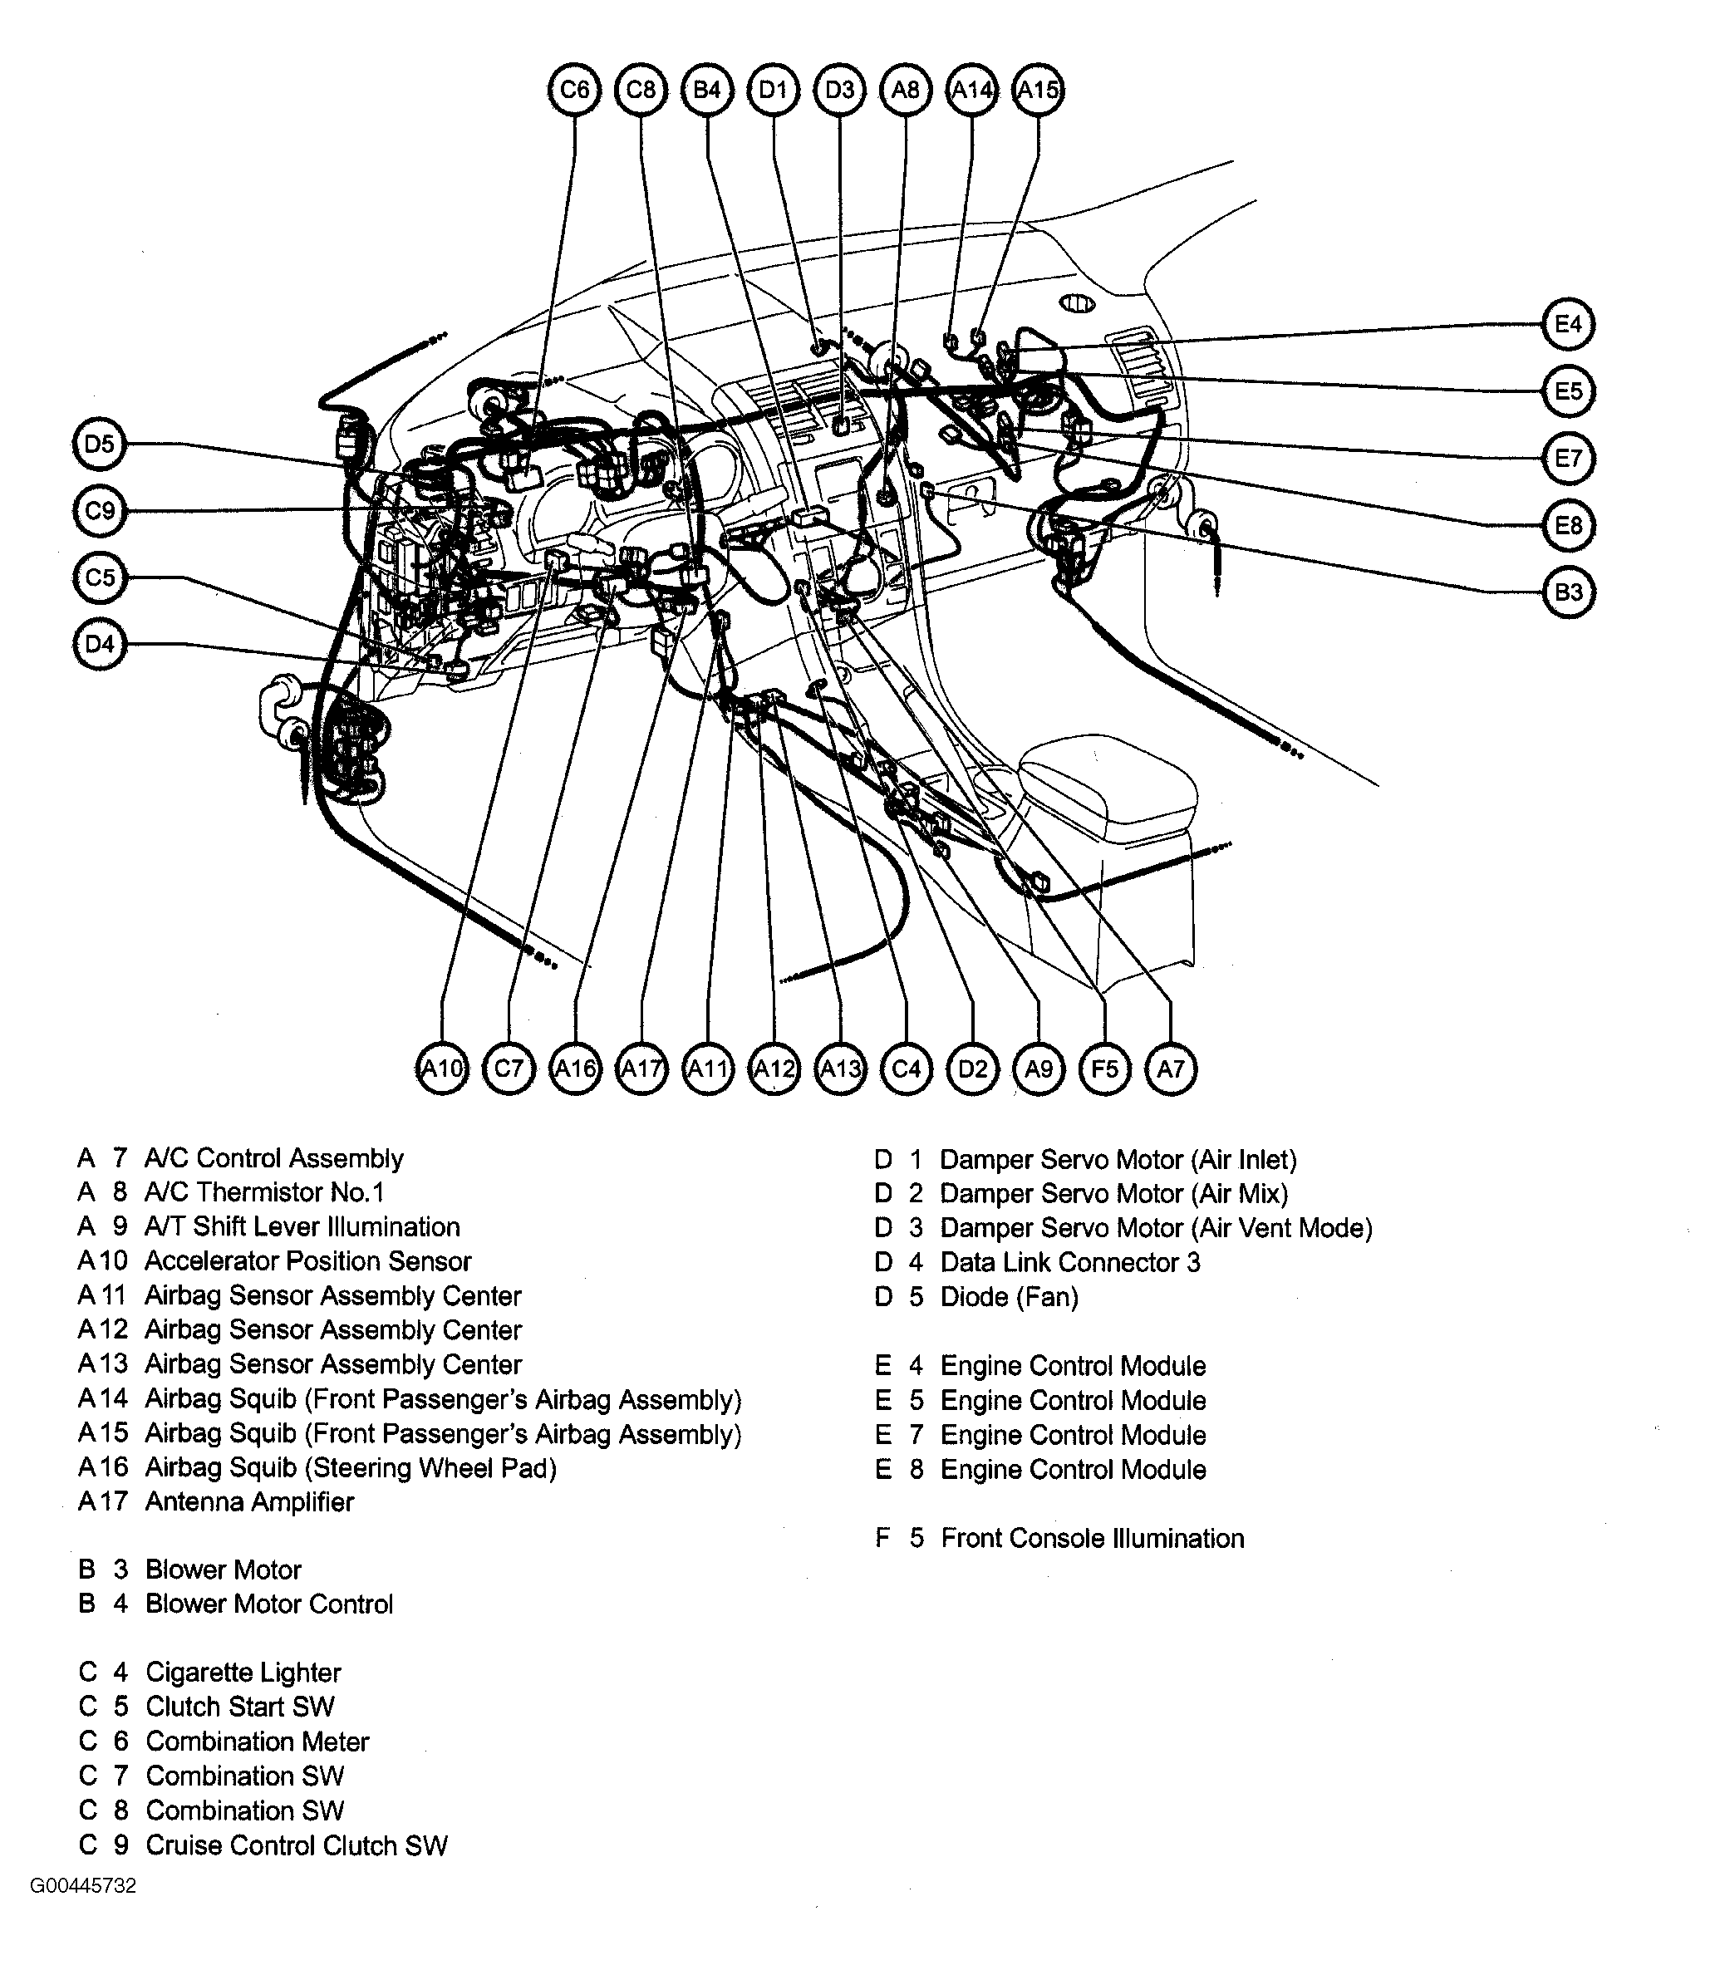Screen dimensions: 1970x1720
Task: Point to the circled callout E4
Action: pos(1567,324)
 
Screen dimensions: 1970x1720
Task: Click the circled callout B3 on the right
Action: pos(1567,592)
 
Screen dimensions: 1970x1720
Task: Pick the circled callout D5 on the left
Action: pos(100,445)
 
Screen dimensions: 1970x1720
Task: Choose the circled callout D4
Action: pos(100,644)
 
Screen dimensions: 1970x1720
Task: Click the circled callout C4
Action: pos(906,1068)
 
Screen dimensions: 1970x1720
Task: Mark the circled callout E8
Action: pos(1567,525)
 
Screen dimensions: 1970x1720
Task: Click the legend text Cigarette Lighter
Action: pos(243,1673)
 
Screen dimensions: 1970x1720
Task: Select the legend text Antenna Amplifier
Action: pos(249,1501)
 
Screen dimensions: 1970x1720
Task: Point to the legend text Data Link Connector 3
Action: pos(1069,1262)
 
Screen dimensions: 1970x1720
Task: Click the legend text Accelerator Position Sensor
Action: pos(307,1261)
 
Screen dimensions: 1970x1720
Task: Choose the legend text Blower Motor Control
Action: pos(268,1604)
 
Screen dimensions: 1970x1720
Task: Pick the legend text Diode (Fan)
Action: pos(1009,1296)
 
